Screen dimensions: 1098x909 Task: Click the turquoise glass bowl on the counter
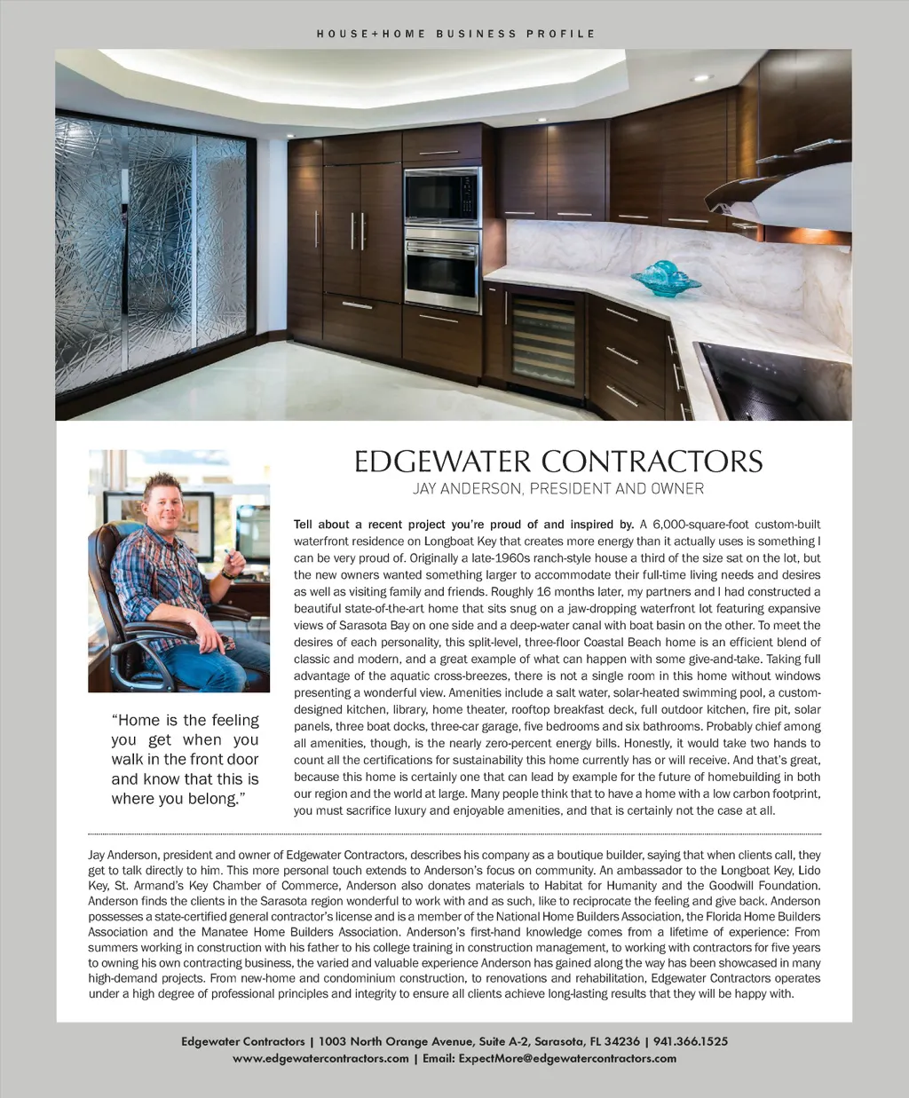point(666,278)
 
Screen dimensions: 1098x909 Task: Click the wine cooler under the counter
point(541,338)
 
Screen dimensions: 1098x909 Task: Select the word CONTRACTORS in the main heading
point(652,462)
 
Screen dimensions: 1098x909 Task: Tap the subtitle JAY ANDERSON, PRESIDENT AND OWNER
point(557,488)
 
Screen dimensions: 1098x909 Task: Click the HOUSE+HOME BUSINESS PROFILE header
point(455,34)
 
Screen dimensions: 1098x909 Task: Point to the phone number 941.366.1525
point(691,1041)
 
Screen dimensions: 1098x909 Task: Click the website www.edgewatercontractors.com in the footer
point(320,1058)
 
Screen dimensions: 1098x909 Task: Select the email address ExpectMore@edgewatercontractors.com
point(567,1058)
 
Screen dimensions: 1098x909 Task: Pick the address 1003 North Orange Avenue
point(387,1041)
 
